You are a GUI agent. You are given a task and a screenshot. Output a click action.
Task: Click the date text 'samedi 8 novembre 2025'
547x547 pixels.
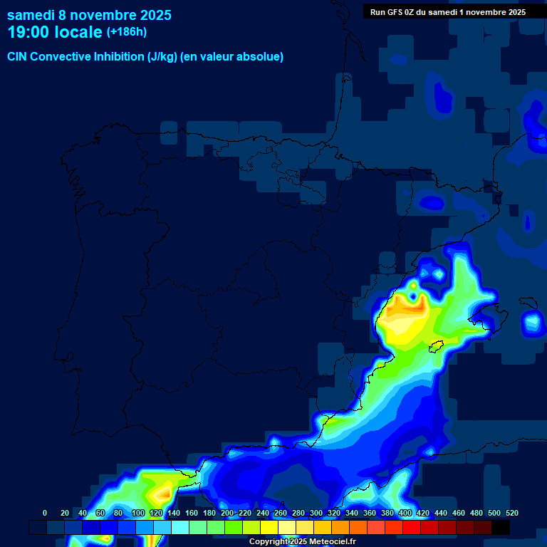[89, 14]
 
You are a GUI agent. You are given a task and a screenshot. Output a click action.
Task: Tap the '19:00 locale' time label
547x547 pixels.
[55, 32]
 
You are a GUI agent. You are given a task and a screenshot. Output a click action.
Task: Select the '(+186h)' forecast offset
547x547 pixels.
[127, 32]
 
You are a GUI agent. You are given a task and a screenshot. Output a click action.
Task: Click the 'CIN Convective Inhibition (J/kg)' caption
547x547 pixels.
[93, 56]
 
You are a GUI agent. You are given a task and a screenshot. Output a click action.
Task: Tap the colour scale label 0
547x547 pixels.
[45, 513]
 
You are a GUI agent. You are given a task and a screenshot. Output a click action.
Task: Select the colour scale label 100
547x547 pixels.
[137, 513]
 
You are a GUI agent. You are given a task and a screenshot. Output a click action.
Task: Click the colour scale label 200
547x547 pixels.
[227, 513]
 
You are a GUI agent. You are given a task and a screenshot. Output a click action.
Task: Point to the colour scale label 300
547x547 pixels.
[316, 513]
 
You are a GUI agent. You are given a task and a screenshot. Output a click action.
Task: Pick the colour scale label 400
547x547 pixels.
[405, 513]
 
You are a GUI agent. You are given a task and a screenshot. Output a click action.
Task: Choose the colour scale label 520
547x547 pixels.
[511, 513]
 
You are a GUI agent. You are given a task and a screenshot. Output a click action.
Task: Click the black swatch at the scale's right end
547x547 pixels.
[501, 528]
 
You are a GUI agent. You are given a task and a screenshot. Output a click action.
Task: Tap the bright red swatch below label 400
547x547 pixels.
[412, 528]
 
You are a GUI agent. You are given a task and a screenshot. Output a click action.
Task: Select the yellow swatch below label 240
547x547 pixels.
[269, 528]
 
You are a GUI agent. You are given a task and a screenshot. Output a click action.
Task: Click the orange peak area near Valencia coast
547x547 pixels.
[405, 310]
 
